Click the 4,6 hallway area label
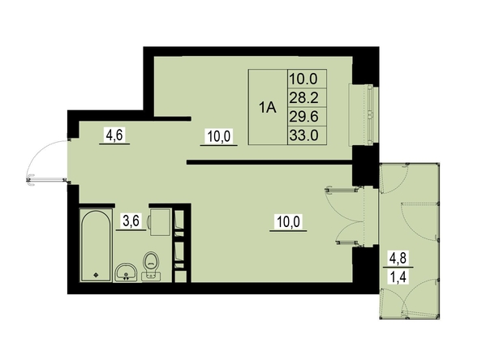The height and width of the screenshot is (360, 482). pyautogui.click(x=114, y=135)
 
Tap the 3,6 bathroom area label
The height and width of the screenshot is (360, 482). pyautogui.click(x=131, y=221)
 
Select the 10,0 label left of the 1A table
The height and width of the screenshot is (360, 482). pyautogui.click(x=219, y=136)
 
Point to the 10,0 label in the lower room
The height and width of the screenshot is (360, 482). pyautogui.click(x=288, y=221)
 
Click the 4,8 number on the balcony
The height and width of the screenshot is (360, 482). pyautogui.click(x=398, y=259)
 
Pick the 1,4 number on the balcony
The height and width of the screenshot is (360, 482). pyautogui.click(x=398, y=277)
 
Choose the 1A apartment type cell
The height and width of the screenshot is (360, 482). pyautogui.click(x=268, y=108)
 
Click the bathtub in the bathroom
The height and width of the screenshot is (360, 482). pyautogui.click(x=96, y=245)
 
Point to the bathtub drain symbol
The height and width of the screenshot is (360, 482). pyautogui.click(x=96, y=275)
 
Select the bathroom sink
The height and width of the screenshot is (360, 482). pyautogui.click(x=127, y=272)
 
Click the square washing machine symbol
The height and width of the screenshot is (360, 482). pyautogui.click(x=160, y=222)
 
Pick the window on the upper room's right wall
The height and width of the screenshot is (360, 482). pyautogui.click(x=364, y=114)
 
